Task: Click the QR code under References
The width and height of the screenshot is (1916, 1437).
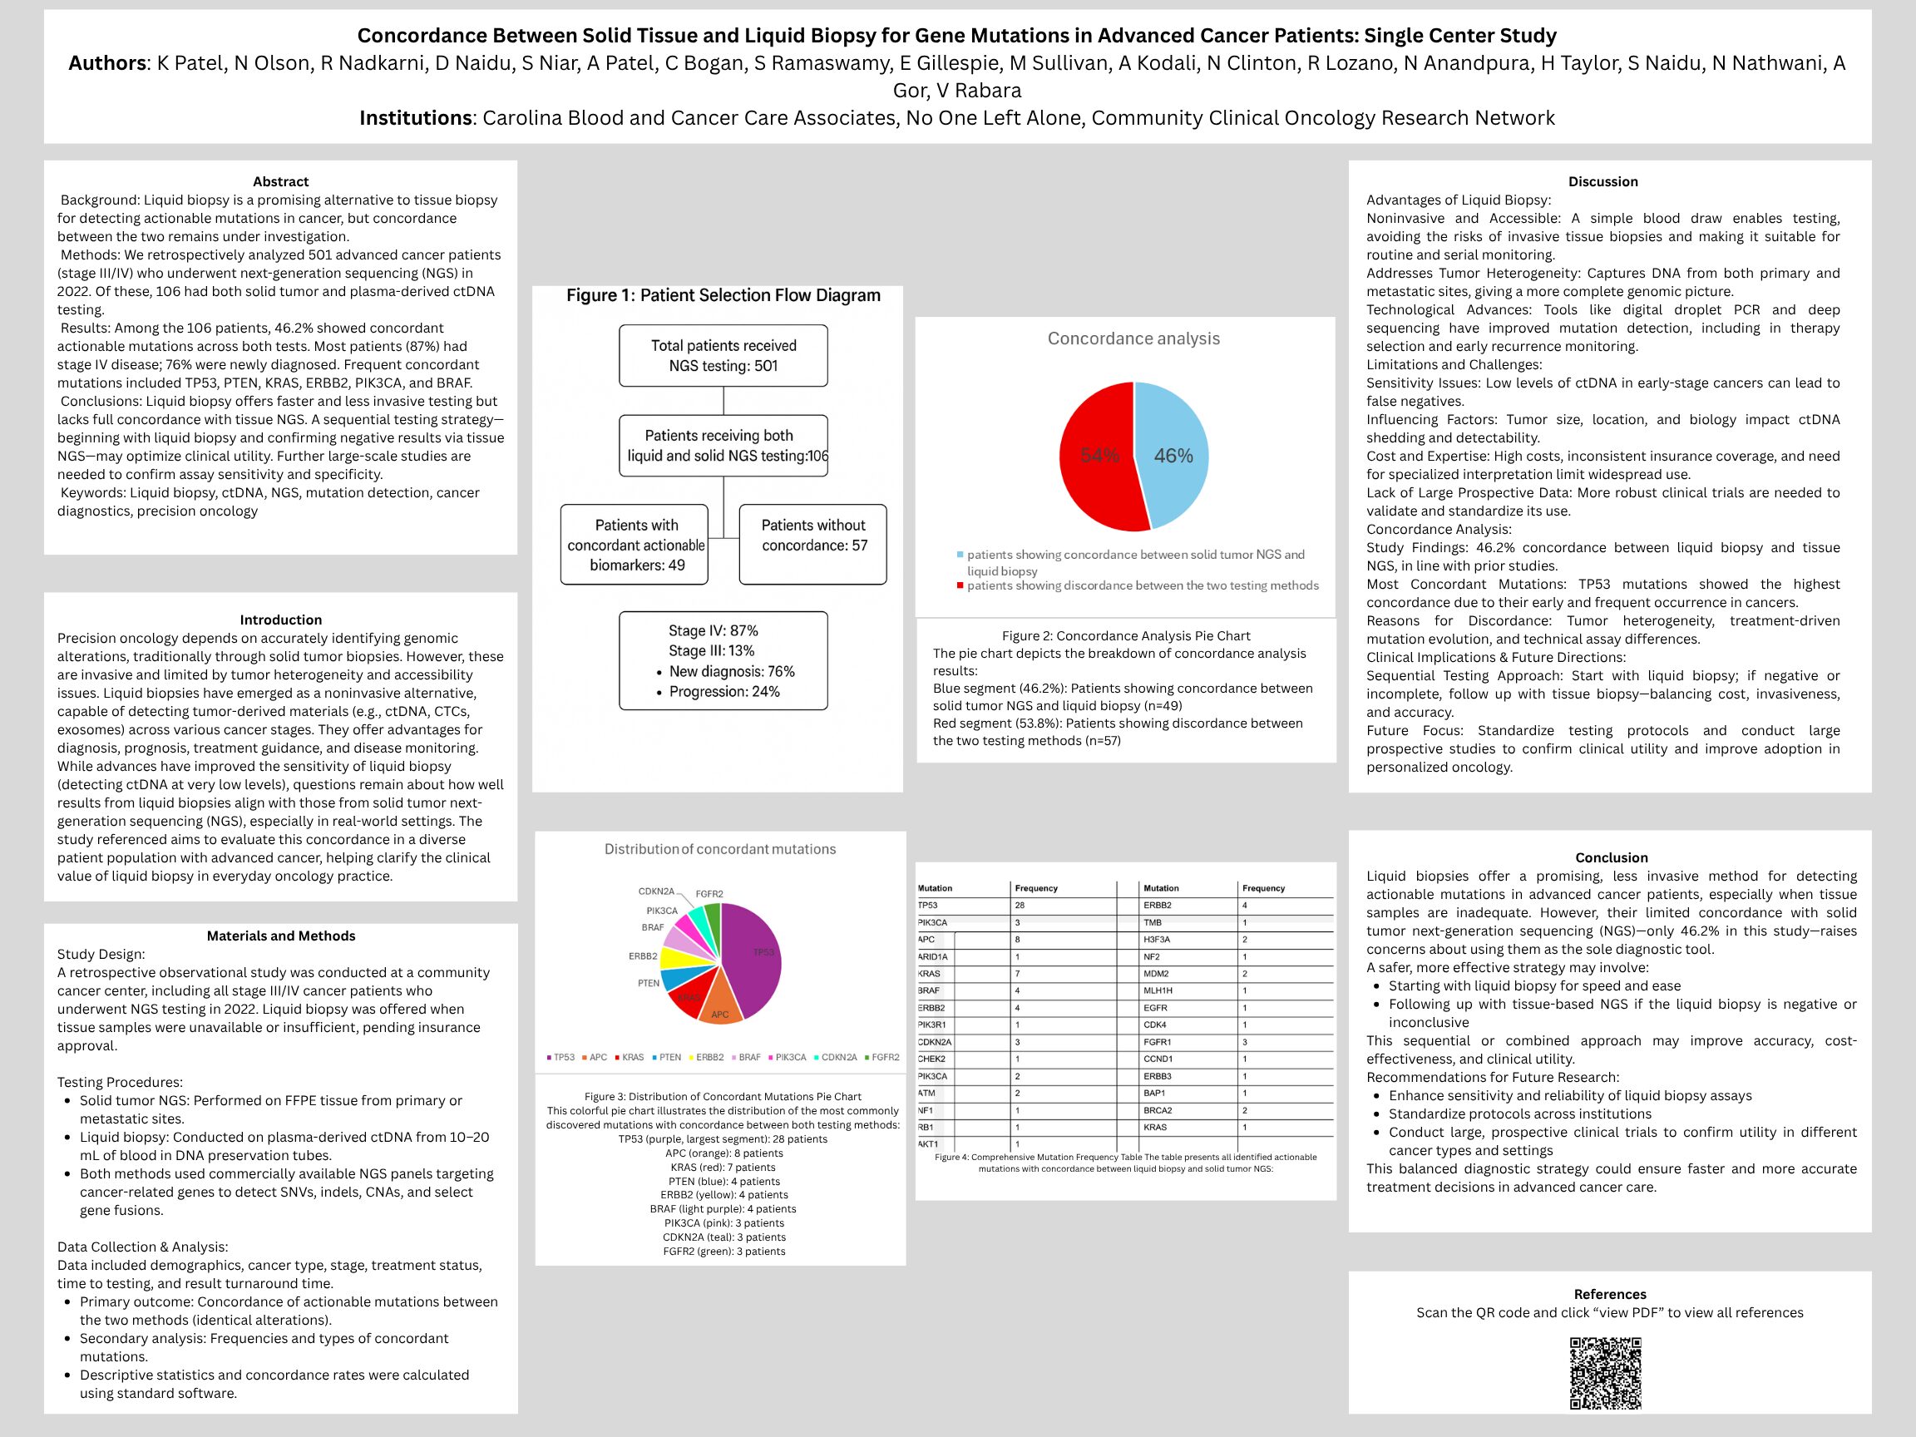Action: (1605, 1372)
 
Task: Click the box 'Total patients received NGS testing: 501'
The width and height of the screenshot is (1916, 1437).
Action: (723, 355)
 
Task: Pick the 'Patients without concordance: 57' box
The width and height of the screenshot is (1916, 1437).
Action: (812, 544)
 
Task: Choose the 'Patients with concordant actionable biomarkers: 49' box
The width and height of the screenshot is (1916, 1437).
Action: (635, 544)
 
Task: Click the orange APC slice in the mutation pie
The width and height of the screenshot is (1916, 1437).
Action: (720, 1010)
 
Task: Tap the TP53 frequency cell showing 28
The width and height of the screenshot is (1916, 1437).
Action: (1020, 905)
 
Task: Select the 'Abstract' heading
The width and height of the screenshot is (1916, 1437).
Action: (280, 181)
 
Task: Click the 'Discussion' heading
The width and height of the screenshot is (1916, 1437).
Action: (1602, 181)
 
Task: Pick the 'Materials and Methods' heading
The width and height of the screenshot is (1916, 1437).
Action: (280, 936)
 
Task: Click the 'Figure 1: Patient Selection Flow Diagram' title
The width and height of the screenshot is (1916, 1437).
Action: (723, 295)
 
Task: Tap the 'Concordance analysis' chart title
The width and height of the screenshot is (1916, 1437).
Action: (1133, 338)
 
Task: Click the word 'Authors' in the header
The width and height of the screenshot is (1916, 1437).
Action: (107, 63)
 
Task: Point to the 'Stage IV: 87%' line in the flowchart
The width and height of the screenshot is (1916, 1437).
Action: (713, 630)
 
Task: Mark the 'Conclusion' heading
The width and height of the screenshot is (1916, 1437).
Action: (1611, 857)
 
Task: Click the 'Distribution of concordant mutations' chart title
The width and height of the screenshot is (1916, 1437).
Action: (720, 849)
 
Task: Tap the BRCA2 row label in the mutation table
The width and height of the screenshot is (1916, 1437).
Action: (1158, 1110)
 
